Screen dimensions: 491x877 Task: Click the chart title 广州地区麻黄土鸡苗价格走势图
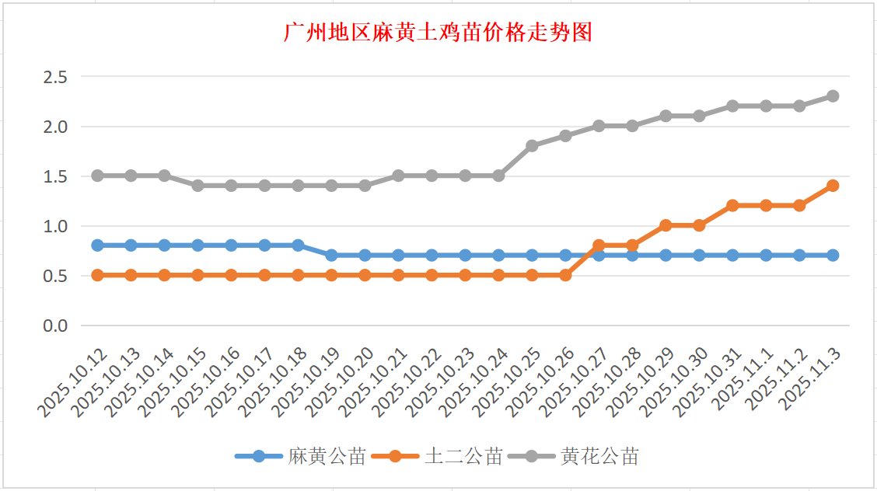pos(439,33)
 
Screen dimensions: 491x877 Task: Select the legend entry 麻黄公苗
pos(327,457)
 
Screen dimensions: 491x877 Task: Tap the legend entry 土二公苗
pos(463,457)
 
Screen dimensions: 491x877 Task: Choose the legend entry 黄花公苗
pos(599,457)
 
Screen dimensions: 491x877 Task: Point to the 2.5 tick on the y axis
pos(56,77)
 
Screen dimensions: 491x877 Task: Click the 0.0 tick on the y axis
pos(56,326)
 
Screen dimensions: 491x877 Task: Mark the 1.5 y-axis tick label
pos(56,176)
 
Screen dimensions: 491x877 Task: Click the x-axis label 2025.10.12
pos(75,384)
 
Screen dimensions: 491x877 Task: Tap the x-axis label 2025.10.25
pos(509,384)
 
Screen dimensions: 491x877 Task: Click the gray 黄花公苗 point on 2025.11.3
pos(833,96)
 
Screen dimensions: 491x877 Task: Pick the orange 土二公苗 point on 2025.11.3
pos(833,186)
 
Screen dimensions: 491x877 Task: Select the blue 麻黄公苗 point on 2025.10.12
pos(97,245)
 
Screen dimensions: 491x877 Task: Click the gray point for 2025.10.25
pos(533,146)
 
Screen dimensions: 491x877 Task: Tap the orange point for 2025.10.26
pos(566,275)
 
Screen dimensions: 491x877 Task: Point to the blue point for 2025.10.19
pos(331,255)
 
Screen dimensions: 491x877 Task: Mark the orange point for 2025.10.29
pos(666,225)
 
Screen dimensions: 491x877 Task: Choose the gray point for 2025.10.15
pos(197,186)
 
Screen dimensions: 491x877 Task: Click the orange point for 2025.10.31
pos(732,206)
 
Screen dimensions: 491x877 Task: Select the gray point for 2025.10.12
pos(97,176)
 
